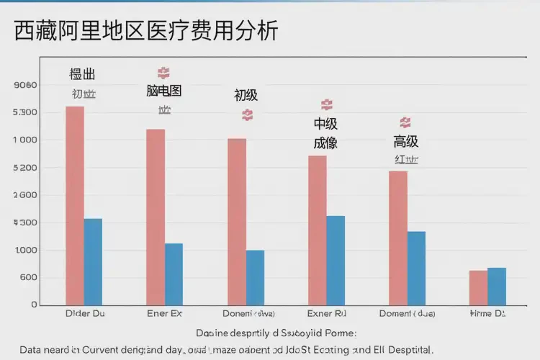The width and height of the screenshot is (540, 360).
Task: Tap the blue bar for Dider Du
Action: [93, 261]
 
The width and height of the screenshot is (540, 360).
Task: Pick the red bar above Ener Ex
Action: [156, 216]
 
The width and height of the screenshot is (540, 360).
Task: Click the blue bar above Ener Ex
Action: [174, 274]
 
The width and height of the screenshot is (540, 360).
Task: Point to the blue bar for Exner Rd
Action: [336, 260]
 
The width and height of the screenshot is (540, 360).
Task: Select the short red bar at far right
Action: [478, 287]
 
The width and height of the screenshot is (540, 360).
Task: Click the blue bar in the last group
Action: [497, 286]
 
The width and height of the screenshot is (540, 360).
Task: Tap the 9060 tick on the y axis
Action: [25, 85]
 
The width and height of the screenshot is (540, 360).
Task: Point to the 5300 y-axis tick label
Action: [25, 113]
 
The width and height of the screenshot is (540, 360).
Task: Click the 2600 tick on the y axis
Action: [25, 195]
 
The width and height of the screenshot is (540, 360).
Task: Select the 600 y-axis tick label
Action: [27, 278]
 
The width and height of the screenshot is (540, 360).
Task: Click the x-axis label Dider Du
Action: [84, 314]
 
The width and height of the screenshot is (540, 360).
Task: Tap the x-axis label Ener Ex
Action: [164, 314]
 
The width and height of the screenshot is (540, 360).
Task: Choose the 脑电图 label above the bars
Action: [163, 91]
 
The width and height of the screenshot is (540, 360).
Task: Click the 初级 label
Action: [246, 95]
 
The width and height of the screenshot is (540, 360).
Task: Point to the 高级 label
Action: [405, 141]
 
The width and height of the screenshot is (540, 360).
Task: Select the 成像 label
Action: [325, 143]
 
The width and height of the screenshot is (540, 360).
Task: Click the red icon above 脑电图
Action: [163, 73]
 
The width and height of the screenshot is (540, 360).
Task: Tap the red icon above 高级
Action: [405, 122]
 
